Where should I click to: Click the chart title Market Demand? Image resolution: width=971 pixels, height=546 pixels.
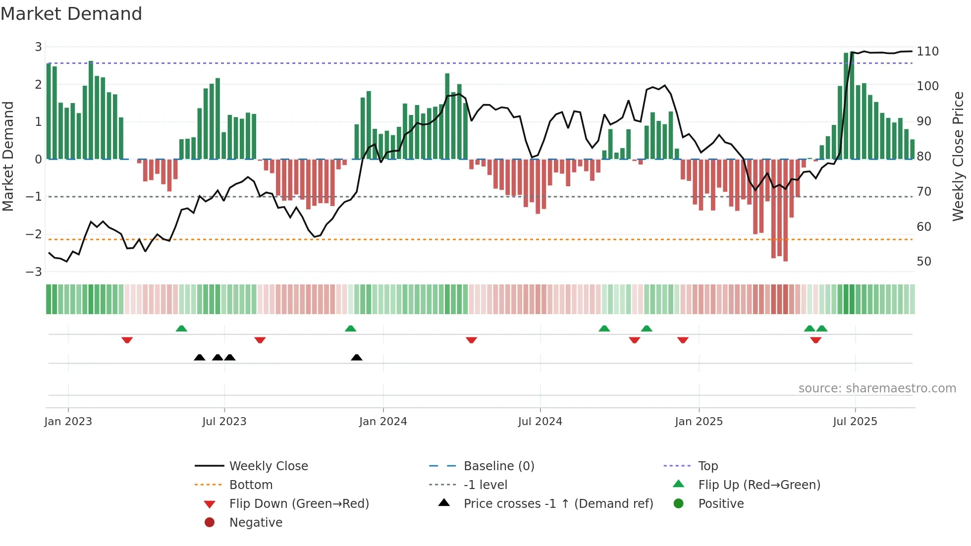coord(71,14)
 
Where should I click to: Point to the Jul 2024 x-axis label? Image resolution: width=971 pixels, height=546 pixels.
coord(540,422)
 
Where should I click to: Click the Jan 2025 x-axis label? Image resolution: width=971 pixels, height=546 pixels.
coord(699,422)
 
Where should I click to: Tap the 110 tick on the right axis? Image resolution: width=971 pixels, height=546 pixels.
coord(927,52)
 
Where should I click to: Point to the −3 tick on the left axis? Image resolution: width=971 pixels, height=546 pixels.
coord(34,272)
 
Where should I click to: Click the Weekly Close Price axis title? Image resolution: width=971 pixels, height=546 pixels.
coord(958,156)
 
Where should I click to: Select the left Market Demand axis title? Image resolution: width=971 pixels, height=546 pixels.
coord(8,156)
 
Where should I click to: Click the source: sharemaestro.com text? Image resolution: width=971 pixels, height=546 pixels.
coord(877,388)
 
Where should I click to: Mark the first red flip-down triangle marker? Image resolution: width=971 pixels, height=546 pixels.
coord(127,340)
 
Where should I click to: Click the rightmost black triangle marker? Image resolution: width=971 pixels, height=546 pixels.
coord(356,357)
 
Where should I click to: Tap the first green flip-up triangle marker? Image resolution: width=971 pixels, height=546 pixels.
coord(181,328)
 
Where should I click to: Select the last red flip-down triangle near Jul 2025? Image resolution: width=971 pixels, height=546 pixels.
coord(815,340)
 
